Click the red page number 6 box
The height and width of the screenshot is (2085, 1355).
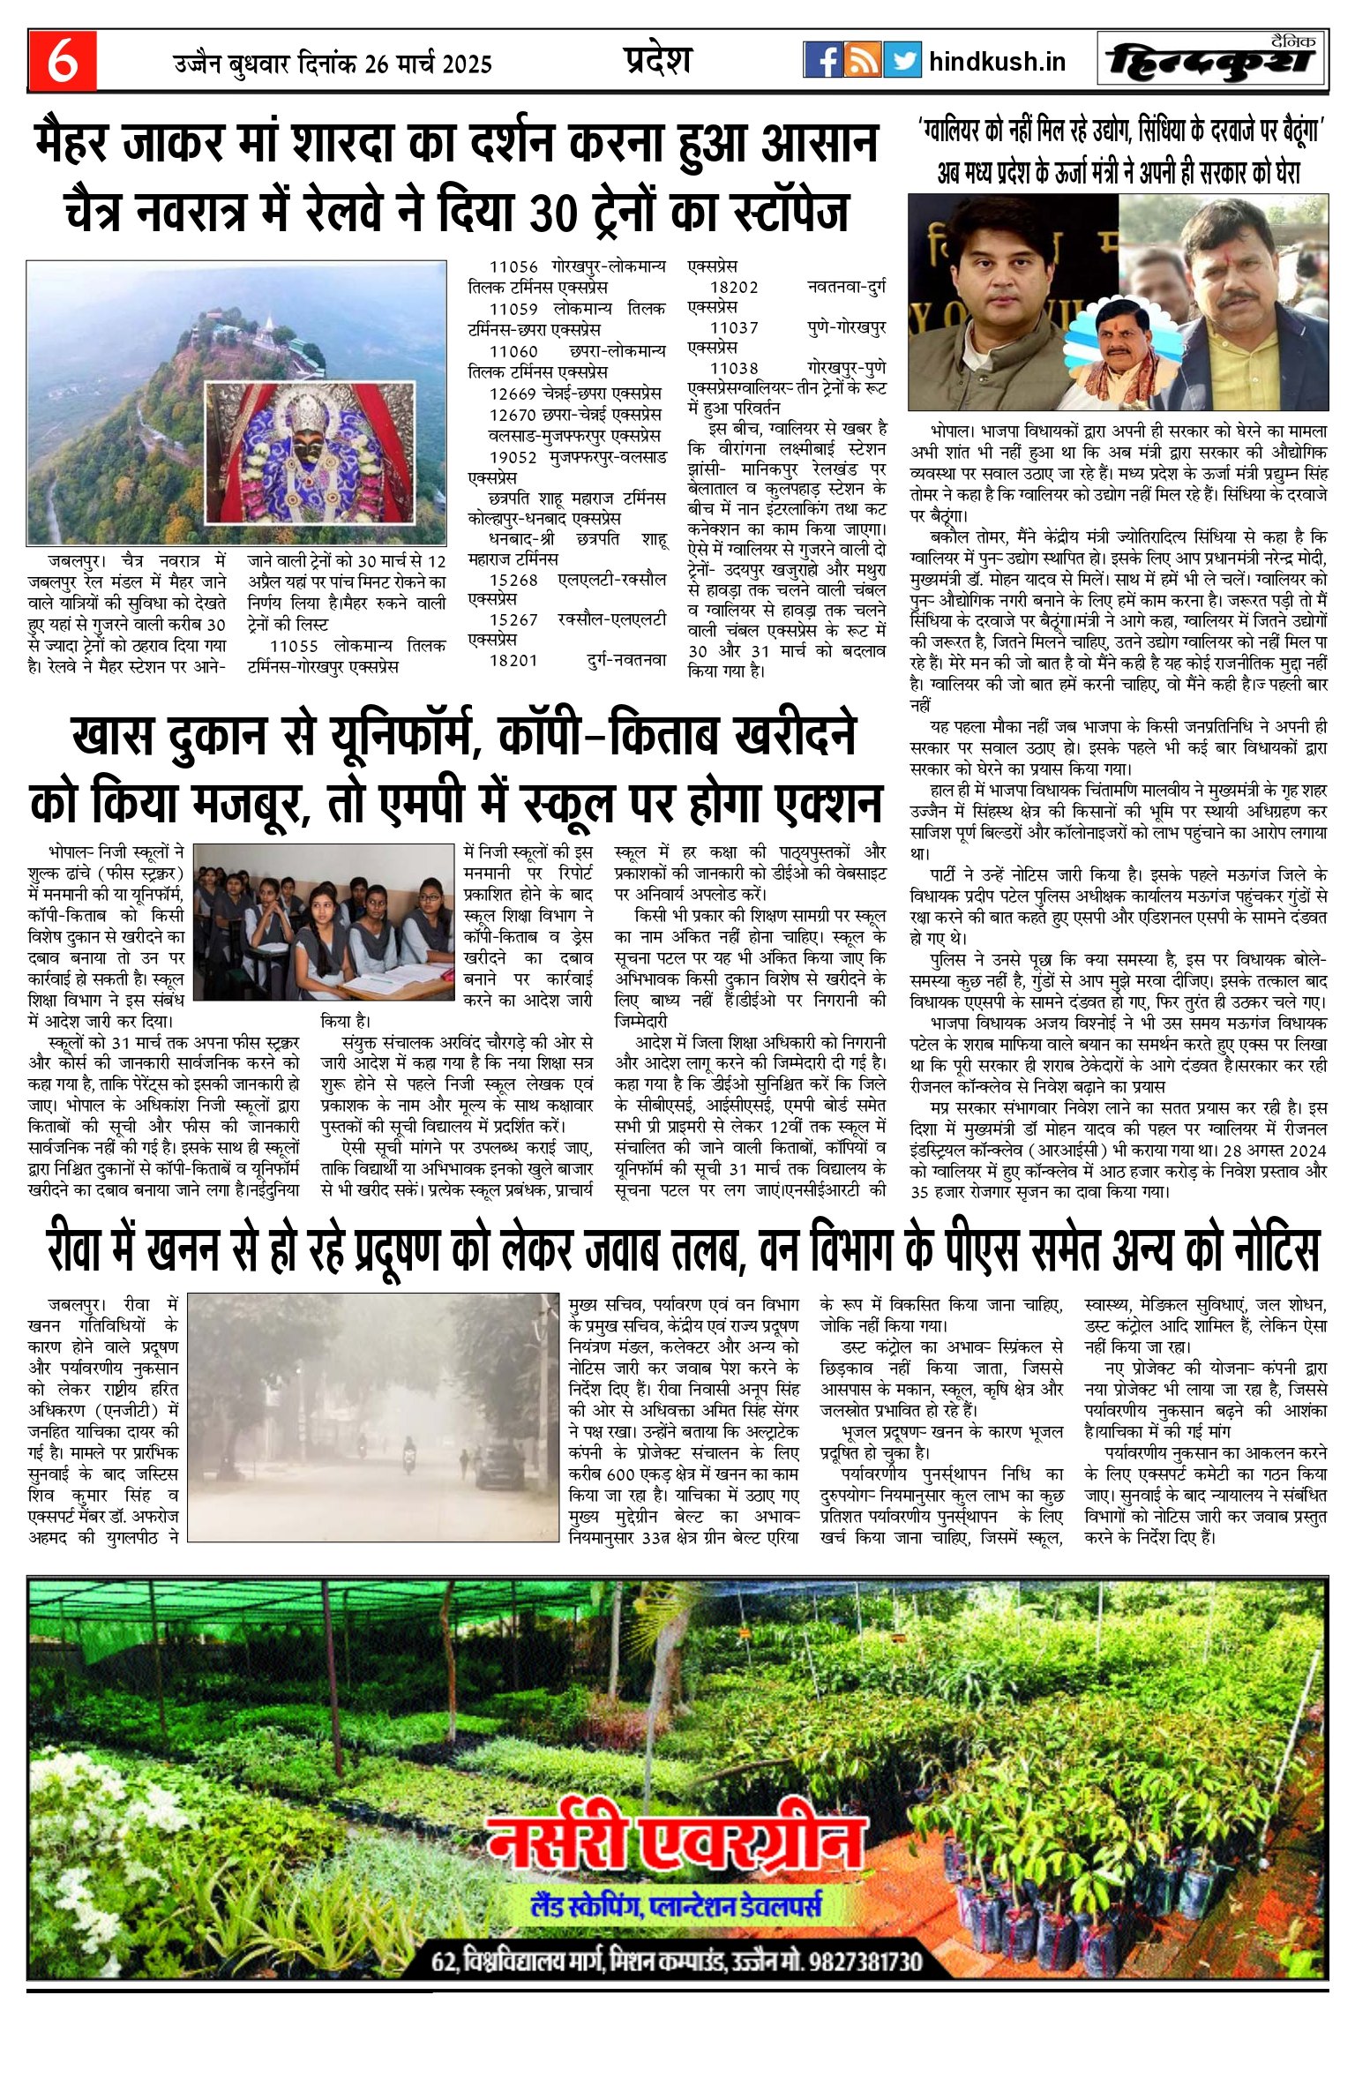[x=62, y=61]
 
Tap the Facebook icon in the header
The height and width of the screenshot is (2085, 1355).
[x=822, y=60]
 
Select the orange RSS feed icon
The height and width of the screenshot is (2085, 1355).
[x=862, y=60]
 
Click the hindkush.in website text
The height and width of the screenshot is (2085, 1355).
[x=997, y=62]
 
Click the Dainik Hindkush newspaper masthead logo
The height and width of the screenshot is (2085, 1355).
[x=1212, y=60]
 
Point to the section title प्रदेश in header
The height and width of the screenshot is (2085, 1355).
[x=657, y=60]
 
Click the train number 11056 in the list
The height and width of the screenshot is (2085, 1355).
[x=513, y=267]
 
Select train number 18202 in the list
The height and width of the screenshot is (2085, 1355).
[x=734, y=288]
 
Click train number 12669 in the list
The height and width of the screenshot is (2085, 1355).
[x=513, y=393]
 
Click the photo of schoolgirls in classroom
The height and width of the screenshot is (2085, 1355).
[x=323, y=921]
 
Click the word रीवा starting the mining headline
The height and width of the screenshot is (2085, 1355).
[x=80, y=1250]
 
